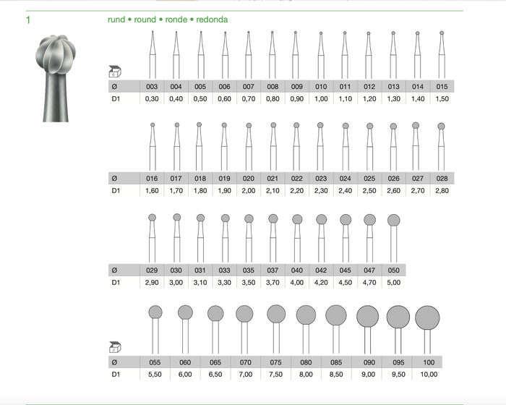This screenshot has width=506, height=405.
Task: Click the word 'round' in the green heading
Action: (145, 20)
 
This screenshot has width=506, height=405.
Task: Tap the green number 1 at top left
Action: (28, 20)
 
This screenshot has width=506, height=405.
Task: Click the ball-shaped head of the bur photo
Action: (56, 54)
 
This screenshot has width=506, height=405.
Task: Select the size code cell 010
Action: (321, 87)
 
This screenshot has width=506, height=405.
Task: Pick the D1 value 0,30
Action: (152, 99)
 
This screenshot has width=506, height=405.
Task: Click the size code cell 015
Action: (442, 87)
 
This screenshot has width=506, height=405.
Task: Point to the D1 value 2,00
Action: (249, 190)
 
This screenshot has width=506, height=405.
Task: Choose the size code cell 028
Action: (442, 179)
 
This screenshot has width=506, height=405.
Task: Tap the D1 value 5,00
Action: (394, 283)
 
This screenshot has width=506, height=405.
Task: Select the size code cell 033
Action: (224, 270)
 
